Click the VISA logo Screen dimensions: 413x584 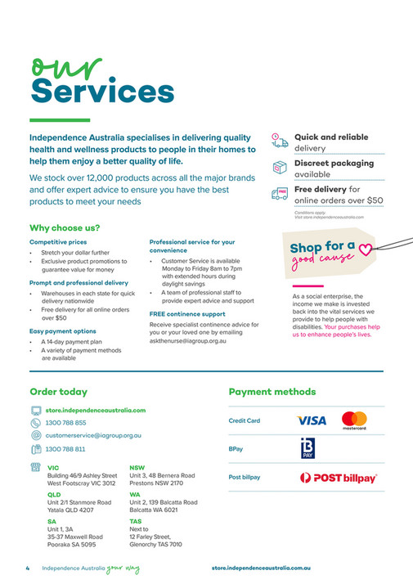pyautogui.click(x=311, y=420)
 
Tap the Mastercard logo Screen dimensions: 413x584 pyautogui.click(x=353, y=420)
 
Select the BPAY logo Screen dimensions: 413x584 pyautogui.click(x=307, y=449)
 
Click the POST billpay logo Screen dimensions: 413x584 pyautogui.click(x=338, y=478)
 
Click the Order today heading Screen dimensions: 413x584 pyautogui.click(x=58, y=392)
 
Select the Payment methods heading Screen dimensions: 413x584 pyautogui.click(x=272, y=392)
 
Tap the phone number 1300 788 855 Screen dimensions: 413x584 pyautogui.click(x=65, y=423)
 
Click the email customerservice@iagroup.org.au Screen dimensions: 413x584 pyautogui.click(x=93, y=436)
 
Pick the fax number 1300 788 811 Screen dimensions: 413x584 pyautogui.click(x=65, y=449)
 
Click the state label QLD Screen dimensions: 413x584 pyautogui.click(x=54, y=495)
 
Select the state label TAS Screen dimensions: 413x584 pyautogui.click(x=136, y=521)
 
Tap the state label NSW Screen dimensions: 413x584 pyautogui.click(x=137, y=468)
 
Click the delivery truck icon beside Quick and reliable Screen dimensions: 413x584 pyautogui.click(x=280, y=142)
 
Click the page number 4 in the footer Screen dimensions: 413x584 pyautogui.click(x=27, y=567)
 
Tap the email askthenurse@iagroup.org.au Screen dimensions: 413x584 pyautogui.click(x=187, y=340)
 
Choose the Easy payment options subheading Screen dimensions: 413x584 pyautogui.click(x=62, y=330)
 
